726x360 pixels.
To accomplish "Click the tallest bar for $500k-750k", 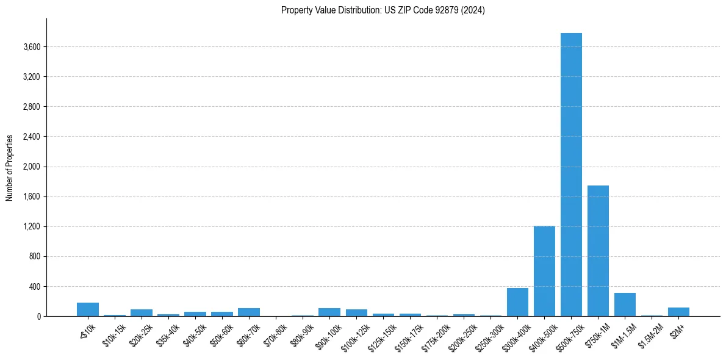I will [x=571, y=175].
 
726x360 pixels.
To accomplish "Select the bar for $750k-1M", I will [x=598, y=251].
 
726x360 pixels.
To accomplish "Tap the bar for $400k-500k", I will [x=544, y=271].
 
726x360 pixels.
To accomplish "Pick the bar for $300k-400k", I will [x=517, y=302].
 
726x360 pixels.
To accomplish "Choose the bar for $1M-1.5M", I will [x=625, y=304].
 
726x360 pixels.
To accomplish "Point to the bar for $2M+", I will [x=678, y=312].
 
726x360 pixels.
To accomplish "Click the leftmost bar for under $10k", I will [x=88, y=309].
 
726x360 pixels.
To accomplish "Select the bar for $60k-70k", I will [x=249, y=312].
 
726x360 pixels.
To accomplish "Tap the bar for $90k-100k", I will [x=329, y=312].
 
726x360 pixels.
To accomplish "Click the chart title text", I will [x=383, y=10].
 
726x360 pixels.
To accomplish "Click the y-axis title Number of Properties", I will [x=10, y=167].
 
